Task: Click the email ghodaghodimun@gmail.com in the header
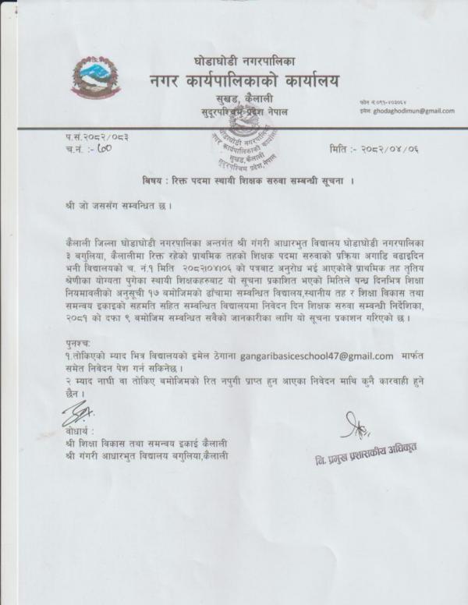pos(413,111)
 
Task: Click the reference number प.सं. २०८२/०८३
pos(98,136)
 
